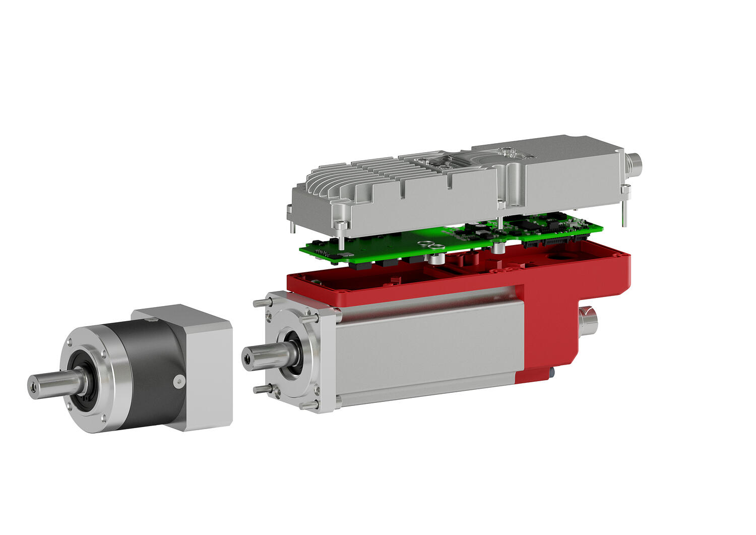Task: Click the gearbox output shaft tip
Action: (33, 386)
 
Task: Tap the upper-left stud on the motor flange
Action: (260, 303)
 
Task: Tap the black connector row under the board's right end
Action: (554, 243)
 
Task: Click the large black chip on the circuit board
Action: (484, 234)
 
